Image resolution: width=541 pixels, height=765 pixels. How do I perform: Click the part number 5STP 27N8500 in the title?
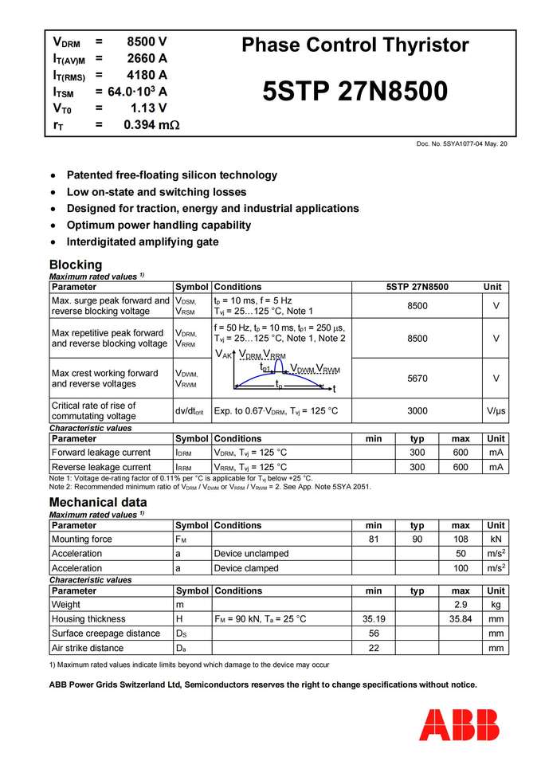(x=355, y=92)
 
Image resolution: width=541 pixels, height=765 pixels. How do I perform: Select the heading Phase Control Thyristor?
(x=355, y=45)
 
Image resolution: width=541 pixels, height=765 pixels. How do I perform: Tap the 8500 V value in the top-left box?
(x=147, y=41)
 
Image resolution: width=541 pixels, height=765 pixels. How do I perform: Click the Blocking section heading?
(x=76, y=265)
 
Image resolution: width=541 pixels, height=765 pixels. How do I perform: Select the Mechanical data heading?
(x=98, y=502)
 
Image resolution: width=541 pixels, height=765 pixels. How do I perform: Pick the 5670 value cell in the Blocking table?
(x=417, y=379)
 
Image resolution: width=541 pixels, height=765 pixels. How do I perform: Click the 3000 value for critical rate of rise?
(x=417, y=411)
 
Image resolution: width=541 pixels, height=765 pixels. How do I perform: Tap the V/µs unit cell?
(x=496, y=411)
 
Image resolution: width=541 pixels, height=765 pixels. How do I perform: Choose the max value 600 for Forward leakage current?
(x=461, y=453)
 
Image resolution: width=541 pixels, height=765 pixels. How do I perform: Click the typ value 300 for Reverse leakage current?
(x=417, y=467)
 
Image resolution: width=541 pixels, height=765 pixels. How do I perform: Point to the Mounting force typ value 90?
(x=417, y=539)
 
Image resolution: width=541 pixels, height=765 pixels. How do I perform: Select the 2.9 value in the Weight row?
(x=461, y=605)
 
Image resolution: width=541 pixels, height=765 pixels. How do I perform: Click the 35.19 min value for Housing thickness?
(x=374, y=619)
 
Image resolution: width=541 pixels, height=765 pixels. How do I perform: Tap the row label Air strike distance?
(x=88, y=648)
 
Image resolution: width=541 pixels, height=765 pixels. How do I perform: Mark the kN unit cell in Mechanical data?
(x=496, y=539)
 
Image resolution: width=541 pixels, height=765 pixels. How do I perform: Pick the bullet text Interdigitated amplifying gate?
(x=143, y=241)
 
